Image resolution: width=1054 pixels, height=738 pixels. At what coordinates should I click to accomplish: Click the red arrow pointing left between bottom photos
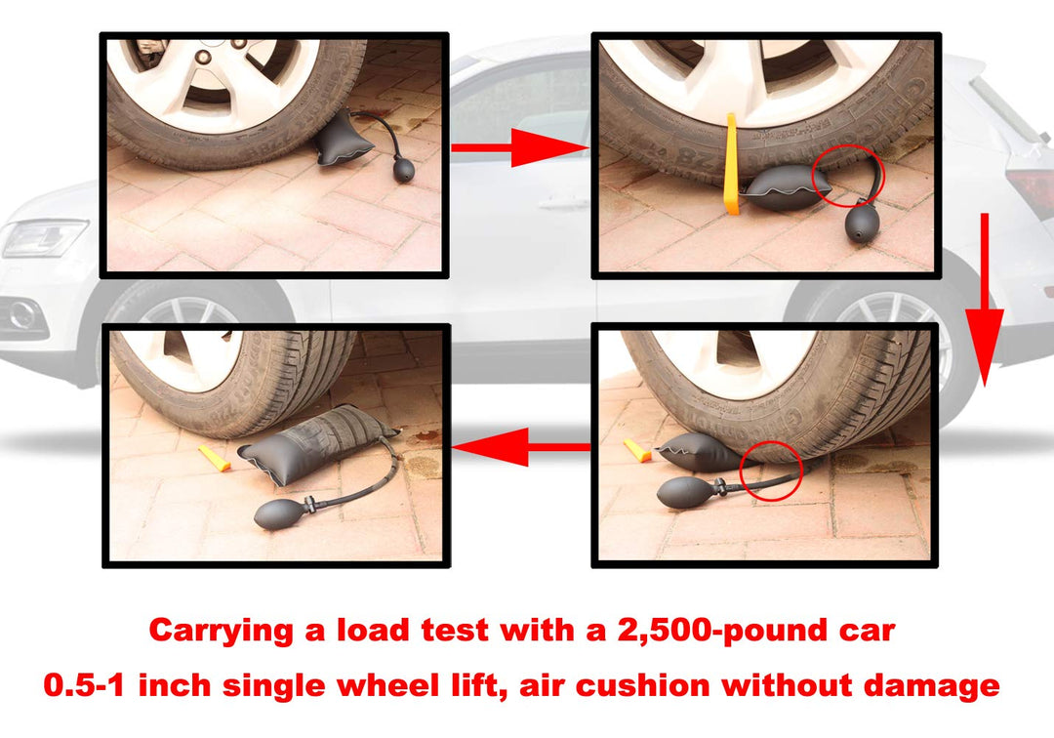[522, 448]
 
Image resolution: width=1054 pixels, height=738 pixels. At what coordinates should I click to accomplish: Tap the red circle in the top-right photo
[847, 176]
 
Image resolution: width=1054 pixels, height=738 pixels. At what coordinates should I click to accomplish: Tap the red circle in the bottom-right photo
[772, 469]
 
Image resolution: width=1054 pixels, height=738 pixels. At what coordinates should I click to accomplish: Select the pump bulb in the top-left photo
[402, 170]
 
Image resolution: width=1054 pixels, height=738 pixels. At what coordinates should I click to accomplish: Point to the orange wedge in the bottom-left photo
[215, 458]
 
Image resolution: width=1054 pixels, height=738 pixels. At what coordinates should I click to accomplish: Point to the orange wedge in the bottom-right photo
[637, 450]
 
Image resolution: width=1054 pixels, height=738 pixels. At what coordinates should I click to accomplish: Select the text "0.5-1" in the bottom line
[85, 685]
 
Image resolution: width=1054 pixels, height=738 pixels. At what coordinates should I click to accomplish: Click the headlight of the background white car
[44, 237]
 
